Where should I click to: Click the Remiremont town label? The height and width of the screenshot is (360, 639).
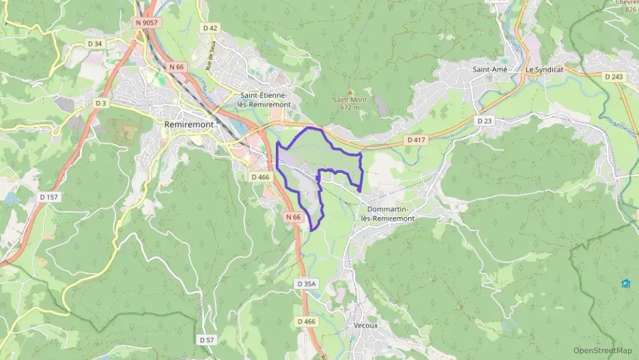pyautogui.click(x=189, y=125)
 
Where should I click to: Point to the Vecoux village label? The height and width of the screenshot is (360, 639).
pyautogui.click(x=366, y=325)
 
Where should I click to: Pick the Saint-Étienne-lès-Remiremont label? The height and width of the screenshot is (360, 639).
pyautogui.click(x=266, y=100)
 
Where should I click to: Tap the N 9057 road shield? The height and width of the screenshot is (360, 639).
pyautogui.click(x=147, y=23)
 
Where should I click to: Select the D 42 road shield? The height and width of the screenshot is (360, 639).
pyautogui.click(x=210, y=28)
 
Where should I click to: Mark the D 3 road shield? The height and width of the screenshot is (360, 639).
pyautogui.click(x=101, y=103)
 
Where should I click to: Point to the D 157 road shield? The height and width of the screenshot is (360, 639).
pyautogui.click(x=47, y=197)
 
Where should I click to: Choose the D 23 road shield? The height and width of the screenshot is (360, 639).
pyautogui.click(x=485, y=120)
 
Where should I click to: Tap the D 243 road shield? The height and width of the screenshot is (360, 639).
pyautogui.click(x=614, y=77)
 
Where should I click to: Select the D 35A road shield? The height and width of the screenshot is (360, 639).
pyautogui.click(x=307, y=283)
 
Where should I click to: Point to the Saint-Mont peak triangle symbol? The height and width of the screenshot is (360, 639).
pyautogui.click(x=350, y=92)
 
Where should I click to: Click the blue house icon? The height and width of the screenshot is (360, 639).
pyautogui.click(x=625, y=283)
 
